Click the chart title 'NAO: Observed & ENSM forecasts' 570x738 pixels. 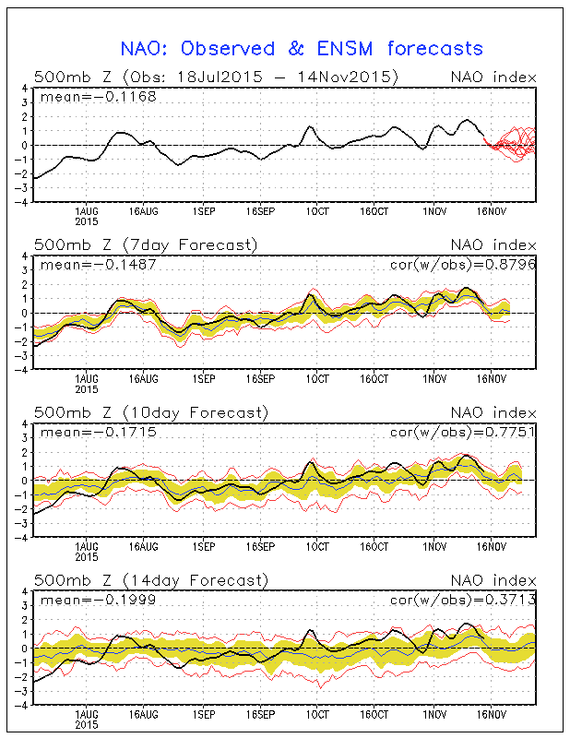point(302,48)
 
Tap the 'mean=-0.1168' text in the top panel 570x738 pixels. point(86,96)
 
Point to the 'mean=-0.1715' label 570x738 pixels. point(86,432)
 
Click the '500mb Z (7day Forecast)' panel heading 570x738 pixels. point(145,244)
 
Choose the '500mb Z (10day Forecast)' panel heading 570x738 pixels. point(149,412)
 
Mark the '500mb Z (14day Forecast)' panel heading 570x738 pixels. point(149,580)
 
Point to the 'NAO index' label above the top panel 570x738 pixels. point(493,77)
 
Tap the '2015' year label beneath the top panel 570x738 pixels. point(87,220)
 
